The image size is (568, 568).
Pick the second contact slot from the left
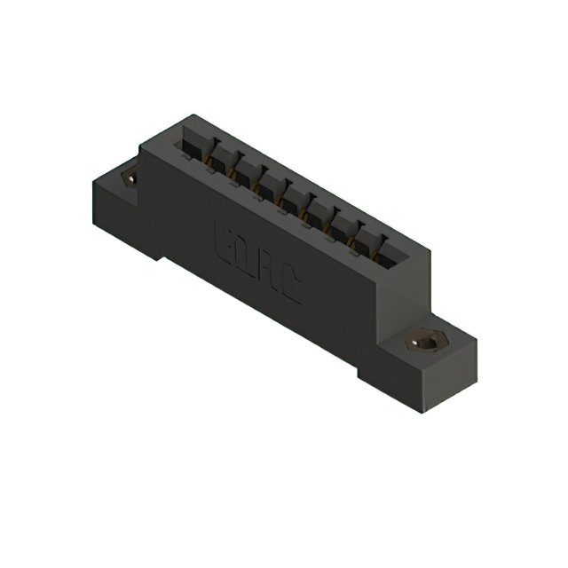pyautogui.click(x=220, y=160)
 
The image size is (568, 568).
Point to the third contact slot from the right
pyautogui.click(x=341, y=228)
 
